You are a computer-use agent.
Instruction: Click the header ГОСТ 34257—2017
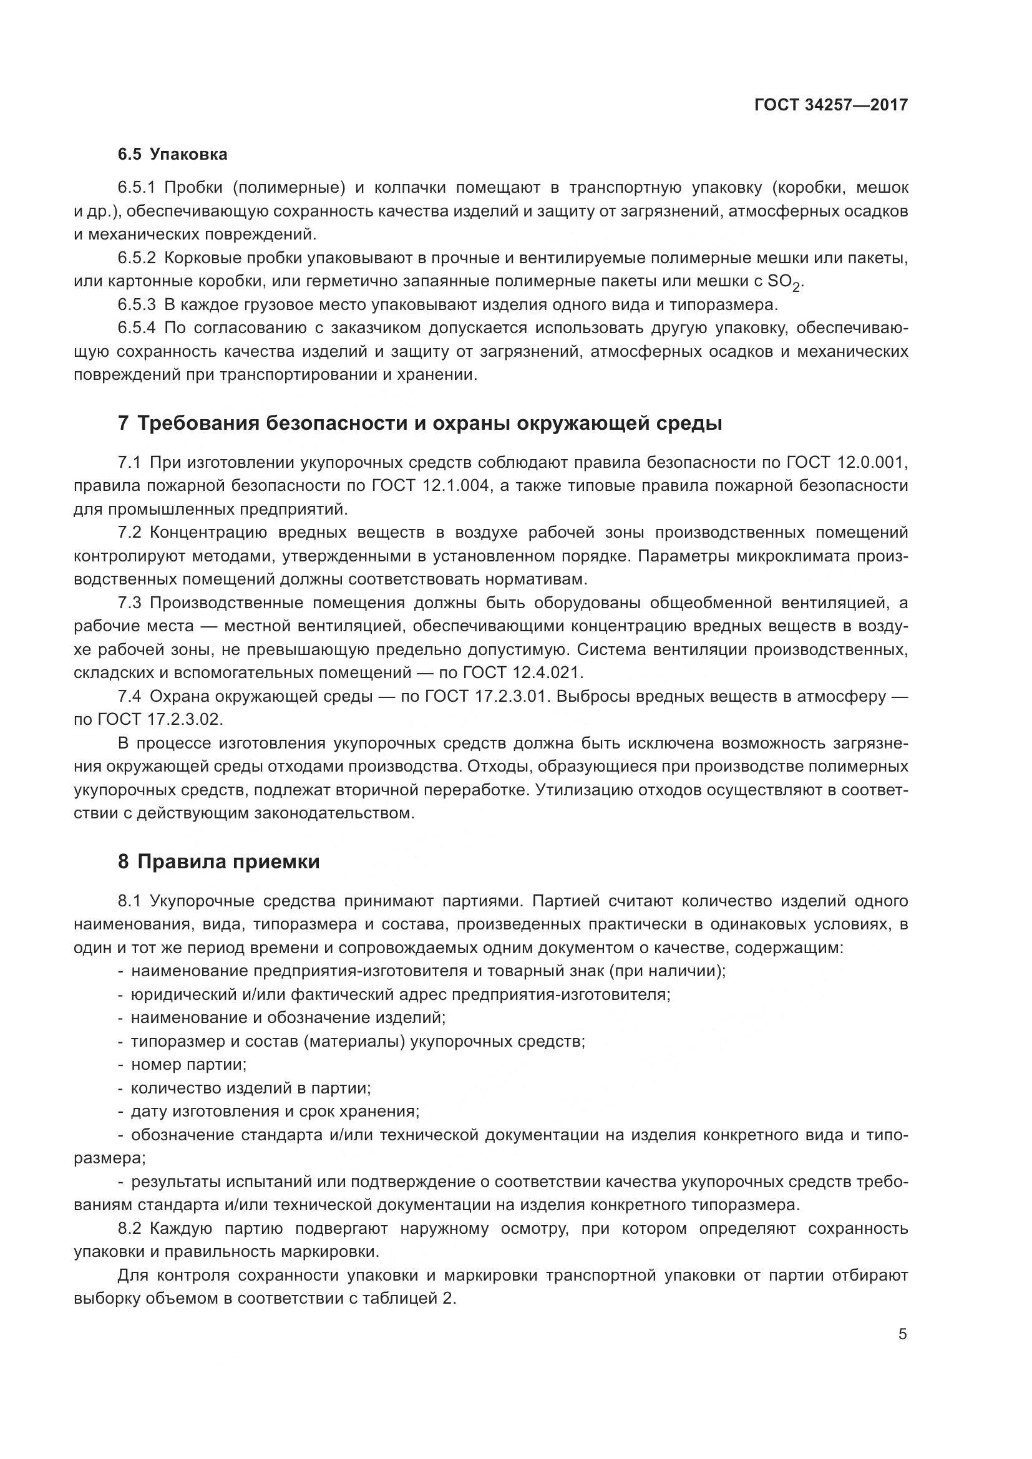(830, 105)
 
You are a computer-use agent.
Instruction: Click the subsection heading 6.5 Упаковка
(172, 154)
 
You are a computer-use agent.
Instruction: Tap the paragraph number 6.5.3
(136, 305)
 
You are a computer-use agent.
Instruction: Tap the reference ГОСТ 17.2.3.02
(159, 719)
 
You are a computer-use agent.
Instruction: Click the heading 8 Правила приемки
(218, 861)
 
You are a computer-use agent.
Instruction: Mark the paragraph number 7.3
(130, 603)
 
